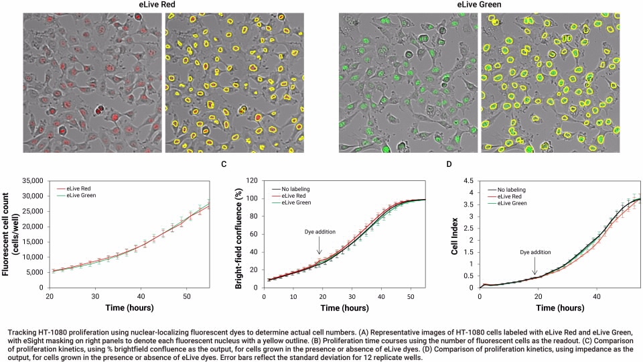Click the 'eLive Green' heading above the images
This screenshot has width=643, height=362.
pyautogui.click(x=479, y=5)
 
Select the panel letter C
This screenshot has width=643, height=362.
pyautogui.click(x=223, y=164)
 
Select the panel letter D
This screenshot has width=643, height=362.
pyautogui.click(x=449, y=164)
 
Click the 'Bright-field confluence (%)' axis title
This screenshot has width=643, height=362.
pyautogui.click(x=240, y=233)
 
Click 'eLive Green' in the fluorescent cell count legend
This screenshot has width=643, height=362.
pyautogui.click(x=80, y=196)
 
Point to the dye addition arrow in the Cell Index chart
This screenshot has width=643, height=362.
pyautogui.click(x=534, y=263)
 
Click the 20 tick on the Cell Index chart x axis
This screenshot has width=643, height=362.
pyautogui.click(x=537, y=296)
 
